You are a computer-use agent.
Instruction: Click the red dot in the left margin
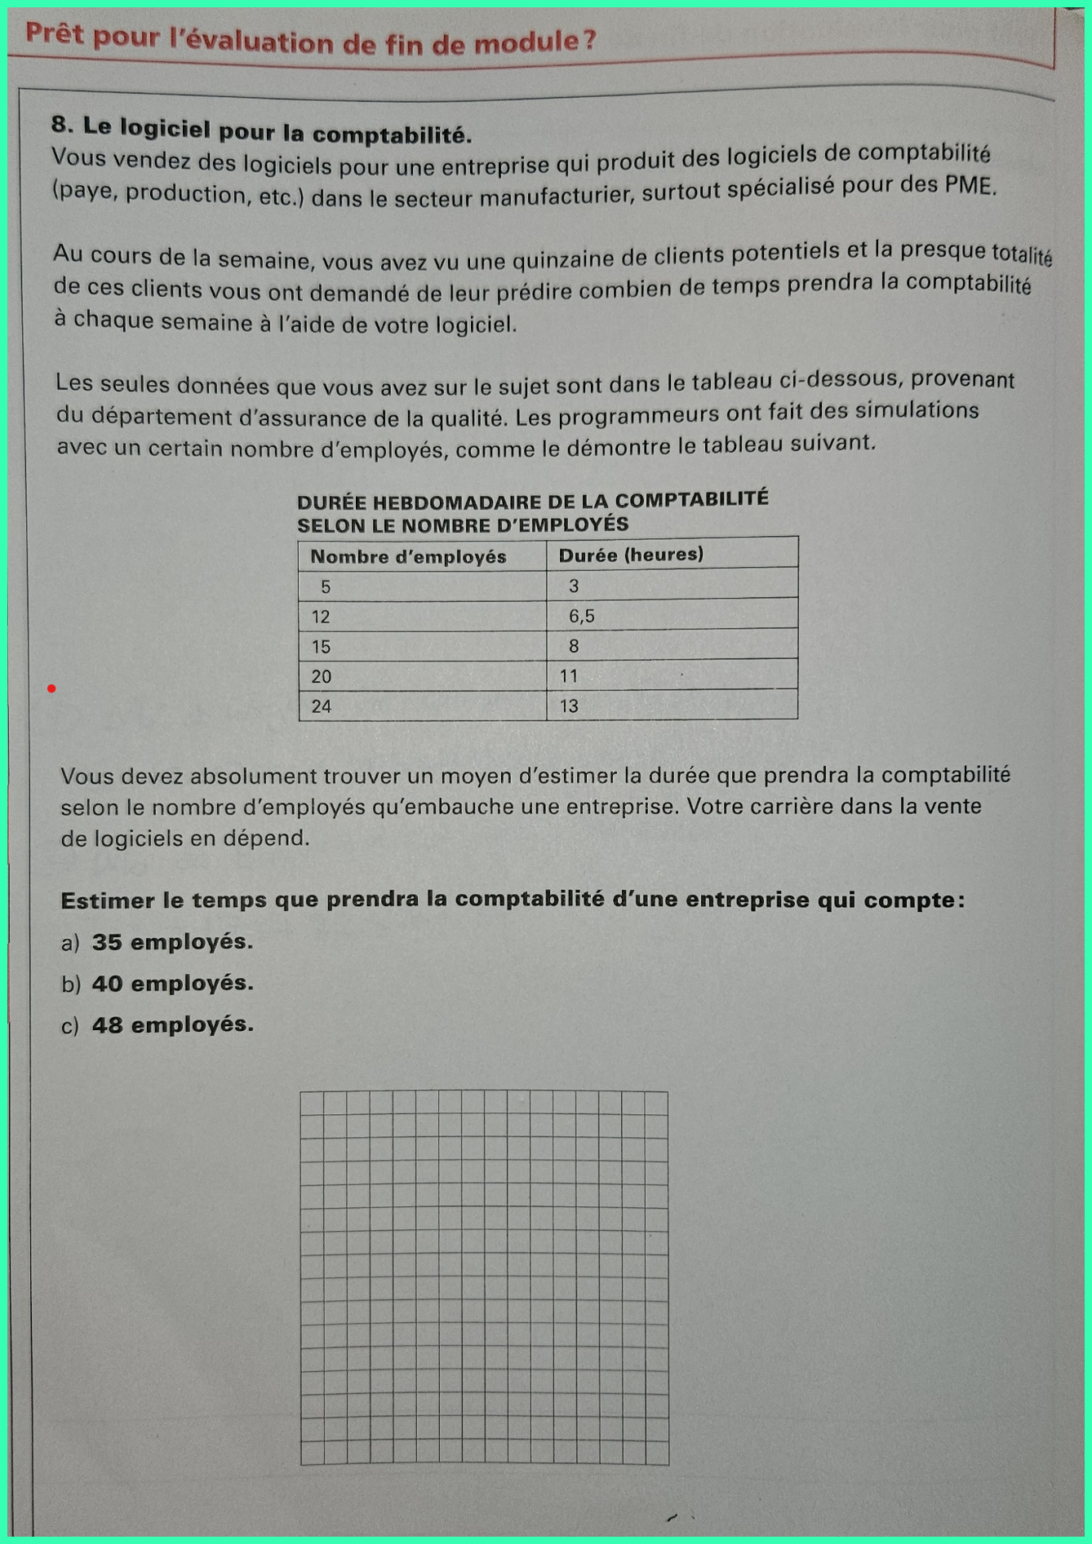tap(51, 689)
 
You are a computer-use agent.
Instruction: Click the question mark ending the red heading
tap(590, 40)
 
